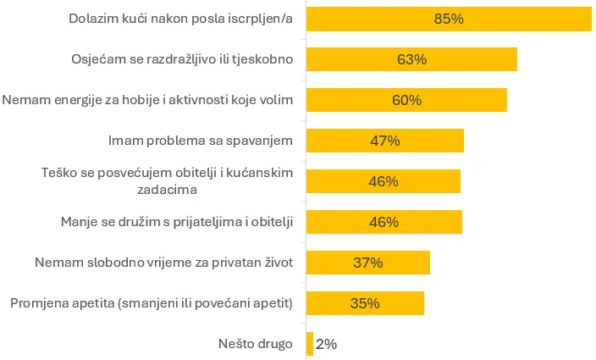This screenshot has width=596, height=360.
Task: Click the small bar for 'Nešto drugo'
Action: [310, 344]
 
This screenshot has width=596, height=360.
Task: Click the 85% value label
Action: [449, 19]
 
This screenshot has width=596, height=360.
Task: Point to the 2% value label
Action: [326, 344]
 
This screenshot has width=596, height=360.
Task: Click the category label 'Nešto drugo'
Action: [254, 344]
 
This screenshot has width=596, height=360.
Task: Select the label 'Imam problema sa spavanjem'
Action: [201, 141]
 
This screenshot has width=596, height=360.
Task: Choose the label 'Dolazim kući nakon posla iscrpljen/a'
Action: [180, 19]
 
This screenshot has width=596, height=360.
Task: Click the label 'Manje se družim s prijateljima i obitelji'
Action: [177, 222]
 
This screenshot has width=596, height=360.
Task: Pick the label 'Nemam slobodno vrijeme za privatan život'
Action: [163, 263]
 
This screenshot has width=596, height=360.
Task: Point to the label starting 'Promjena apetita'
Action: [152, 303]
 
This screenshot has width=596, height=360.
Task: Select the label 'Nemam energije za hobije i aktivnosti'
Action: [147, 100]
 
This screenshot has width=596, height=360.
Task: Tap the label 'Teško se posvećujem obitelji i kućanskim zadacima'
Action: [167, 181]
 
